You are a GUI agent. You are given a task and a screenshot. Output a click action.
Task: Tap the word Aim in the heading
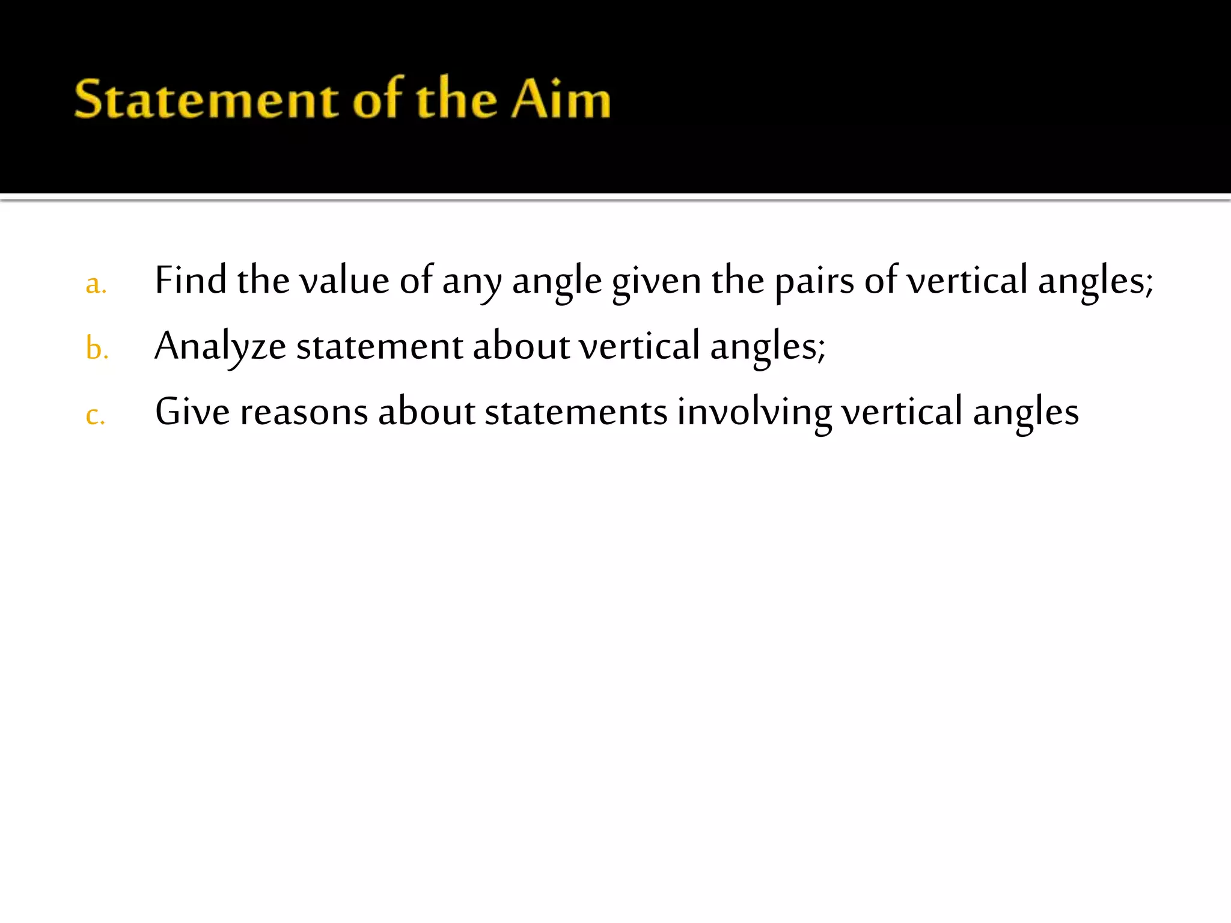click(x=561, y=99)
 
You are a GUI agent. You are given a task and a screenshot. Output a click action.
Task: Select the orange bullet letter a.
click(x=96, y=284)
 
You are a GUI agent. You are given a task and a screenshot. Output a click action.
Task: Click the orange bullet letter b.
click(x=96, y=349)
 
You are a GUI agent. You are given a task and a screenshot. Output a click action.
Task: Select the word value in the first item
click(x=344, y=281)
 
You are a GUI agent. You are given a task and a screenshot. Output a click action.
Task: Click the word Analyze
click(x=220, y=347)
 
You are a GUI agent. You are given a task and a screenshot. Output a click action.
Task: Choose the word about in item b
click(x=521, y=347)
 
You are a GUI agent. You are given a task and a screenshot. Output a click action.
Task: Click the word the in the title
click(x=457, y=99)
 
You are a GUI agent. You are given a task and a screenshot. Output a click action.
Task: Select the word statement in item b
click(x=379, y=347)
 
